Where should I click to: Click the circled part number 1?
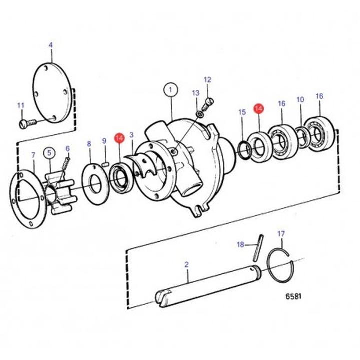tap(171, 90)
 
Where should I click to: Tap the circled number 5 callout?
tap(50, 153)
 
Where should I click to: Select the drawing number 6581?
tap(293, 296)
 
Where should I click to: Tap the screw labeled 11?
tap(28, 124)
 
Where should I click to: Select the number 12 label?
tap(207, 80)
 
